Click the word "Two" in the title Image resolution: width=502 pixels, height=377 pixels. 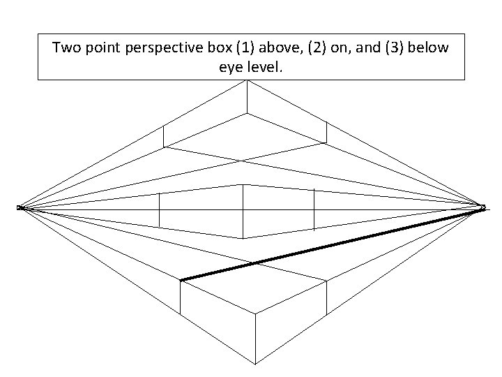(67, 48)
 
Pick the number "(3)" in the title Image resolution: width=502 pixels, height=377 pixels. (396, 48)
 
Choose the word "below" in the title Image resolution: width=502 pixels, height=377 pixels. (433, 48)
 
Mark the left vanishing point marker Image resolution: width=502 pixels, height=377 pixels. (21, 207)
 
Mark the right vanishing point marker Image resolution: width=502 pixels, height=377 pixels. (482, 207)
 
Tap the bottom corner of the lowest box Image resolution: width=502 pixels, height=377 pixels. (255, 363)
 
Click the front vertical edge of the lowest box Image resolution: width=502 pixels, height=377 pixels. (255, 338)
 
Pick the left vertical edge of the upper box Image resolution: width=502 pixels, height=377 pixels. (163, 136)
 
